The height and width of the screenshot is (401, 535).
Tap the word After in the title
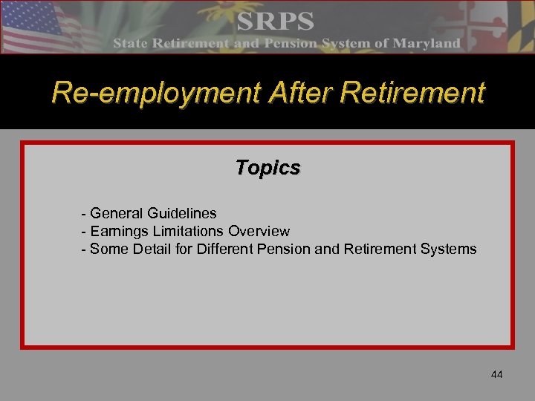coord(280,94)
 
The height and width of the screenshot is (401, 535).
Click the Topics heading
coord(267,168)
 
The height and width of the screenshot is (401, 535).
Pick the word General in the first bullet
coord(115,214)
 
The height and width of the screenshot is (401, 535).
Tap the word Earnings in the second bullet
coord(118,231)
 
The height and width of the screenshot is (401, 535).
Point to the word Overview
coord(259,231)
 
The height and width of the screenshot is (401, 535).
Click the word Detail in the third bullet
coord(153,249)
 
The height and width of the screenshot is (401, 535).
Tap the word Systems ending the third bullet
coord(448,249)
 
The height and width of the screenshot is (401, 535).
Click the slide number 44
coord(496,374)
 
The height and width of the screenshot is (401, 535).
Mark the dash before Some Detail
coord(84,249)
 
